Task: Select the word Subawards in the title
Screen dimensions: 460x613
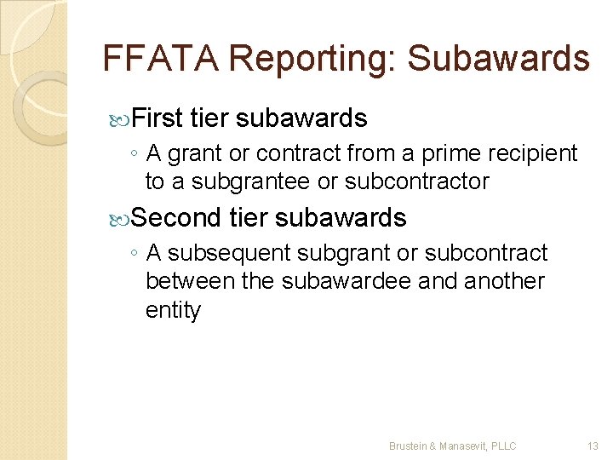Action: (498, 59)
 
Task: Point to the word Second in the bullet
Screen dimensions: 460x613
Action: (176, 218)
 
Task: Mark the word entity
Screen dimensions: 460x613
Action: (173, 310)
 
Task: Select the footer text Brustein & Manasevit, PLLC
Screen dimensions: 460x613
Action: (453, 446)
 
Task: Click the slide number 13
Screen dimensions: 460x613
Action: (593, 446)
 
